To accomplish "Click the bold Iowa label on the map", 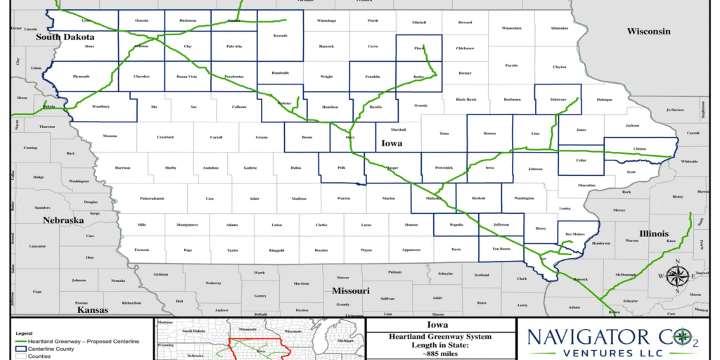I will [392, 143].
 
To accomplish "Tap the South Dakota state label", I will [65, 37].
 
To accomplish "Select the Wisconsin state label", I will [648, 32].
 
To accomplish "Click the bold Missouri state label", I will [350, 290].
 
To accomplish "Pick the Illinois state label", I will [654, 233].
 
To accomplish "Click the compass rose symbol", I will [676, 276].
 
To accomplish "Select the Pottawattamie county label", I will [152, 198].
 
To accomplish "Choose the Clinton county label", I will [639, 150].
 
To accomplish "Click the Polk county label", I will [342, 169].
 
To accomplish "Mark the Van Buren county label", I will [500, 249].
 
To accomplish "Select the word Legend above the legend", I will [25, 333].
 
